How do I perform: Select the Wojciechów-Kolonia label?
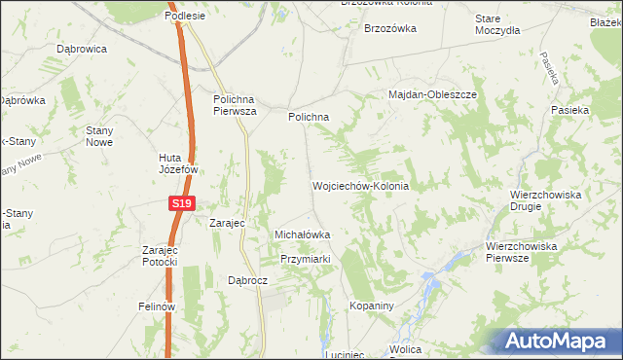(359, 185)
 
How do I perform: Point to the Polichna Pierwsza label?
(235, 104)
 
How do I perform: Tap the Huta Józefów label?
(179, 162)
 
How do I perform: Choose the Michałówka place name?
(303, 234)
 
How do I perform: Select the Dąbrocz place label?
(247, 279)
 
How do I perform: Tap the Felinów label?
(156, 306)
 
